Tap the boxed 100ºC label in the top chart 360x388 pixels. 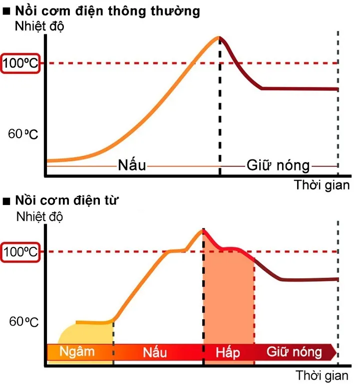click(x=20, y=63)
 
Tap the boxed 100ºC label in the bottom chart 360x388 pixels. click(x=20, y=251)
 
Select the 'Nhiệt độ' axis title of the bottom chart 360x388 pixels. click(x=40, y=216)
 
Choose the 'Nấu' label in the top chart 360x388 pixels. click(x=132, y=165)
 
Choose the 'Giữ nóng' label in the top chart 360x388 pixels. click(x=279, y=165)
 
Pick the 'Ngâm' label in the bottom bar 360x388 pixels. click(x=77, y=351)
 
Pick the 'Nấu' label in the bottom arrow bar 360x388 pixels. click(x=155, y=352)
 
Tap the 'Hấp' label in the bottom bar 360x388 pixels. click(x=228, y=352)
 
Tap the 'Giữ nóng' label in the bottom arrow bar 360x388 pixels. click(x=294, y=352)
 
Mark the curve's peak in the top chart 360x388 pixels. click(x=218, y=37)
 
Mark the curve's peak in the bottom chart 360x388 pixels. click(x=203, y=229)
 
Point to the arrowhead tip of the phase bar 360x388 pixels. click(x=336, y=352)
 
